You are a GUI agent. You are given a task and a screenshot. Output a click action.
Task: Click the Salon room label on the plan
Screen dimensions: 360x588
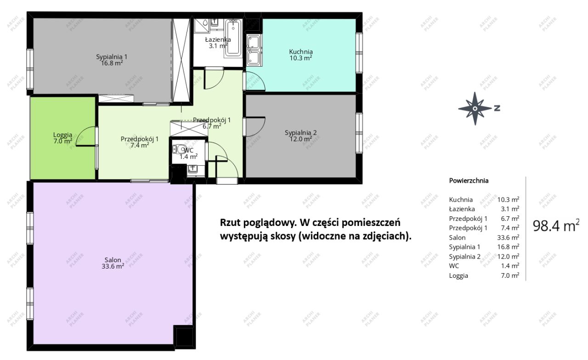(x=113, y=263)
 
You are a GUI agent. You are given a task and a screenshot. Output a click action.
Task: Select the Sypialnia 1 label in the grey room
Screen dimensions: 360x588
(x=111, y=60)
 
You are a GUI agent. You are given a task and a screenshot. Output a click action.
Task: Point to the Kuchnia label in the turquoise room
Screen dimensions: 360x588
(x=301, y=55)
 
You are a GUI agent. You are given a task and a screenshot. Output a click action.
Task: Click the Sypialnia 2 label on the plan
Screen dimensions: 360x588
(x=300, y=135)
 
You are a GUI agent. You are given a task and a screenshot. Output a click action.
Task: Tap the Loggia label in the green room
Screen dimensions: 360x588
(x=62, y=138)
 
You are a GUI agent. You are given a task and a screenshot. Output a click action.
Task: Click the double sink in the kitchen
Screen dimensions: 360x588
(x=253, y=50)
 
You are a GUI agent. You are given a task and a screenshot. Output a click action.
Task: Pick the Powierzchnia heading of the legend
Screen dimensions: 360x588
(x=469, y=180)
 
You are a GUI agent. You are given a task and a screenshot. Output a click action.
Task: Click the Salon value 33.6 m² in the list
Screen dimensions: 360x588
(x=508, y=237)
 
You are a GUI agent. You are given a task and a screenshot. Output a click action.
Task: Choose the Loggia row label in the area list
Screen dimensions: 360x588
(x=458, y=276)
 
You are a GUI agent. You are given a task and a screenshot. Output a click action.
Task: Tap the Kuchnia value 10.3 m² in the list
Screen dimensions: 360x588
(x=508, y=199)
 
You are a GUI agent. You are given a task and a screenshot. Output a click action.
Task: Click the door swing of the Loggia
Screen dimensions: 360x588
(x=85, y=136)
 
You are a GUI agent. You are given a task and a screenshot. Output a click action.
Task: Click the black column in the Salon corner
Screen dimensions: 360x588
(x=184, y=337)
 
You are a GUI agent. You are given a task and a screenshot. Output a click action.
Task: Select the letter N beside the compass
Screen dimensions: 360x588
(x=497, y=109)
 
